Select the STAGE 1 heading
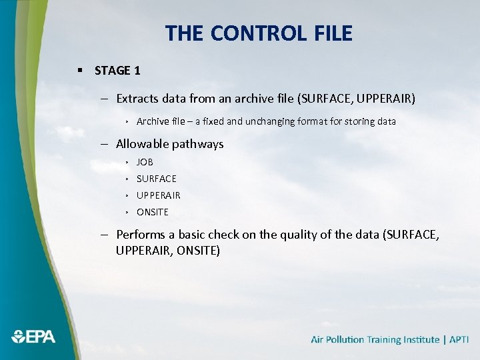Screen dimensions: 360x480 (117, 71)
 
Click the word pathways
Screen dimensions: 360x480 (197, 144)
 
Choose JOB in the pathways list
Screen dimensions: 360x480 (145, 162)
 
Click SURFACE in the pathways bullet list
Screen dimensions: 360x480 (157, 179)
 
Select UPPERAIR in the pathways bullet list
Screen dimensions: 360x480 (159, 195)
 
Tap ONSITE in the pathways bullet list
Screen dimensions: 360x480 (153, 212)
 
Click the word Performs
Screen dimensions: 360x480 (139, 235)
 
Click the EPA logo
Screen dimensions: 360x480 (33, 337)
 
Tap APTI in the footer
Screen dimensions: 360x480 (459, 340)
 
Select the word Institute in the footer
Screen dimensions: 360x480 (417, 340)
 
